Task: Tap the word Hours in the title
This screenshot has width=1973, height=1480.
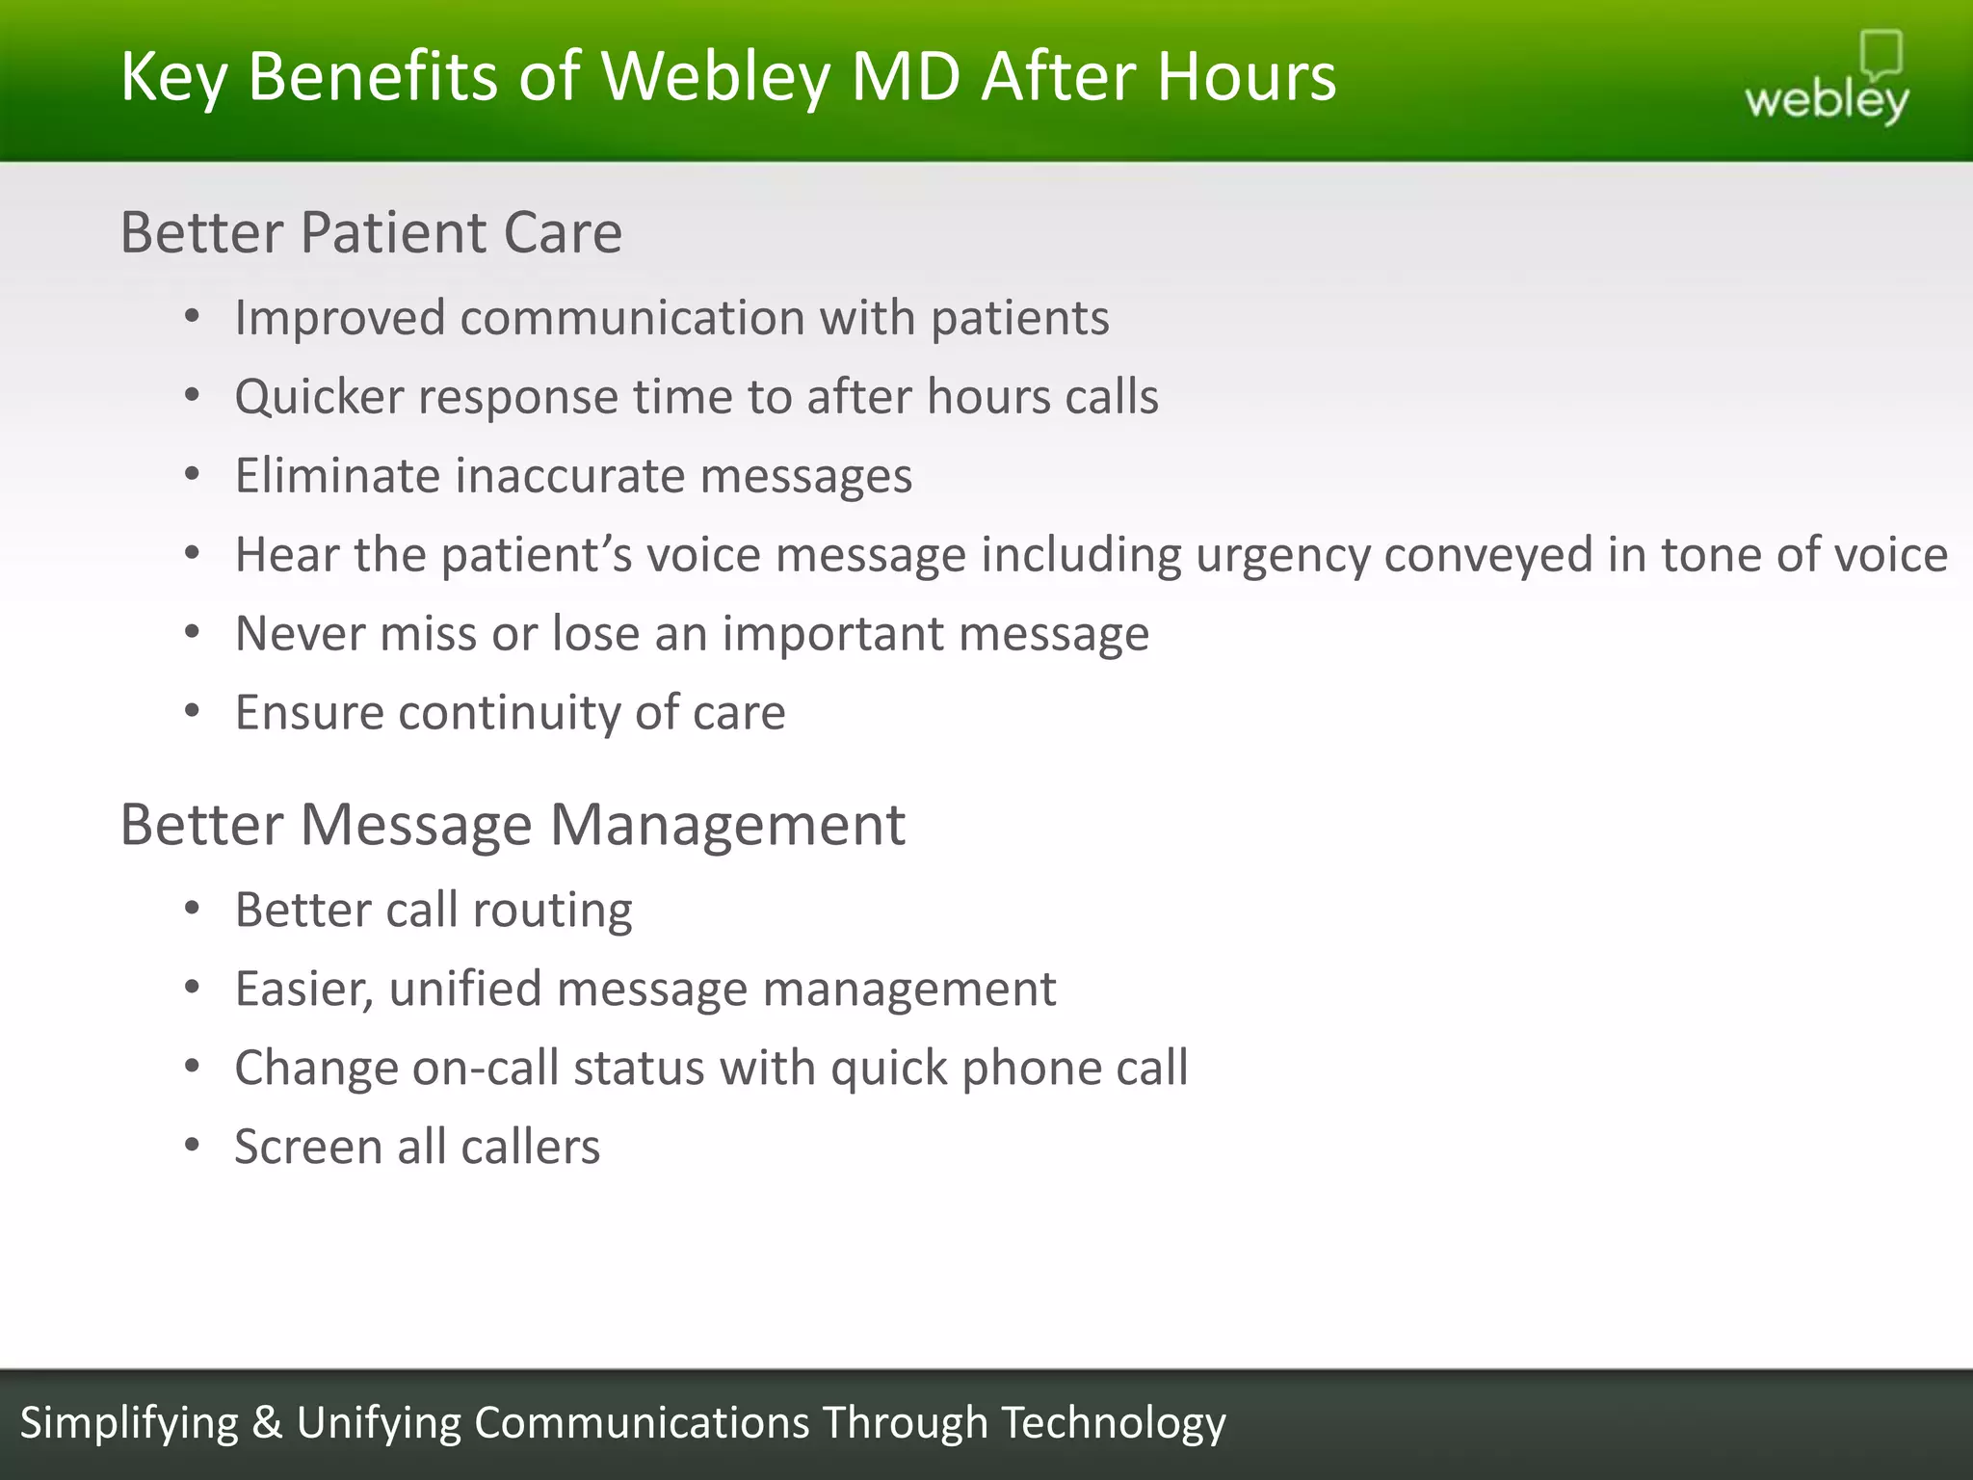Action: tap(1247, 77)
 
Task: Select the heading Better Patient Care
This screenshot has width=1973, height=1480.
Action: tap(371, 233)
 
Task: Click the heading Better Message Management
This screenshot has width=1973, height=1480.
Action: tap(512, 826)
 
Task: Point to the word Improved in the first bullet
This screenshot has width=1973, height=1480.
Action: tap(339, 319)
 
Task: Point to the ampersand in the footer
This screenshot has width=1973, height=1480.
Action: tap(267, 1423)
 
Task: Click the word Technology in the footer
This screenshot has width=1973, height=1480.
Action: tap(1113, 1423)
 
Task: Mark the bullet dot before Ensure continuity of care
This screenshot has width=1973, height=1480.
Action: tap(193, 712)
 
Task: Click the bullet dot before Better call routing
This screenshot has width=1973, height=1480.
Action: tap(193, 909)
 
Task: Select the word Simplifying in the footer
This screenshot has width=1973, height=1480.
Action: tap(129, 1423)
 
